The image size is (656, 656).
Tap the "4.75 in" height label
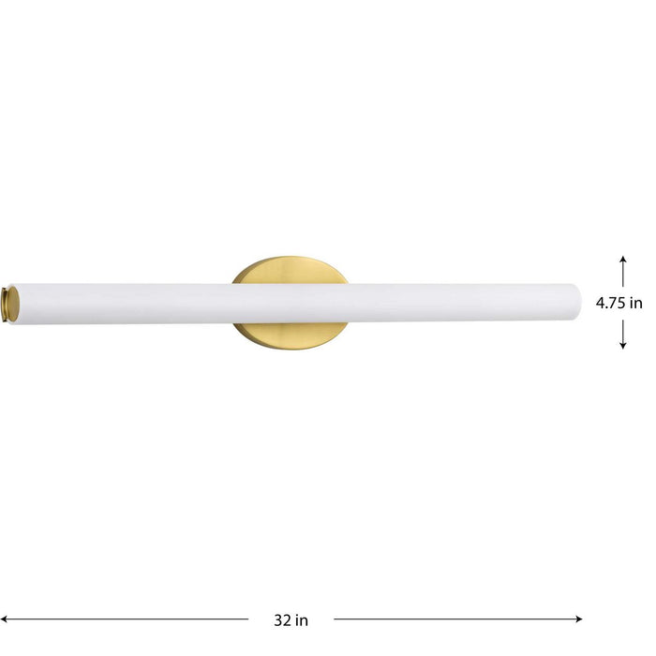point(619,303)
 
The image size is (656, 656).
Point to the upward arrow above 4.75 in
point(623,267)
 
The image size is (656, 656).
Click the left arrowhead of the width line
point(6,619)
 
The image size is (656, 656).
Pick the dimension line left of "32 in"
point(127,619)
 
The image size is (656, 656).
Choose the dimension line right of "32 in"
point(457,619)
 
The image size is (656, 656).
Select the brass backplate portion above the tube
point(290,271)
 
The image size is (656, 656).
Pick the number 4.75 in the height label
point(612,303)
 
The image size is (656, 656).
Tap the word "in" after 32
point(302,619)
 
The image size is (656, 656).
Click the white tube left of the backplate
point(122,304)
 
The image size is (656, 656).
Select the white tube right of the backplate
point(459,304)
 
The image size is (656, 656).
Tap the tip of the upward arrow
point(623,255)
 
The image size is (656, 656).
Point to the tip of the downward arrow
point(623,349)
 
